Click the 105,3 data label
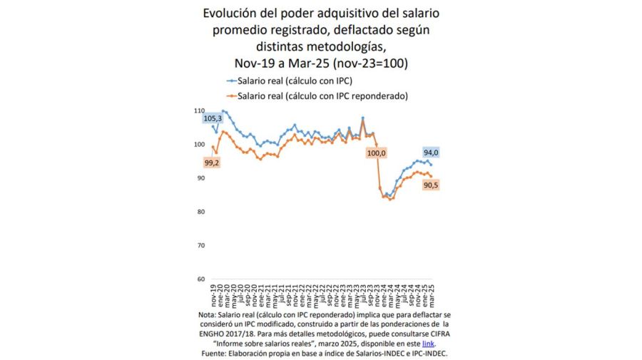pos(213,118)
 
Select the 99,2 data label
pos(212,163)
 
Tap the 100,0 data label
pos(376,153)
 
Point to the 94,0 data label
pos(432,153)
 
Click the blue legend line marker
pos(231,82)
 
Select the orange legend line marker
pos(231,96)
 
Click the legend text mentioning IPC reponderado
pos(327,96)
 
